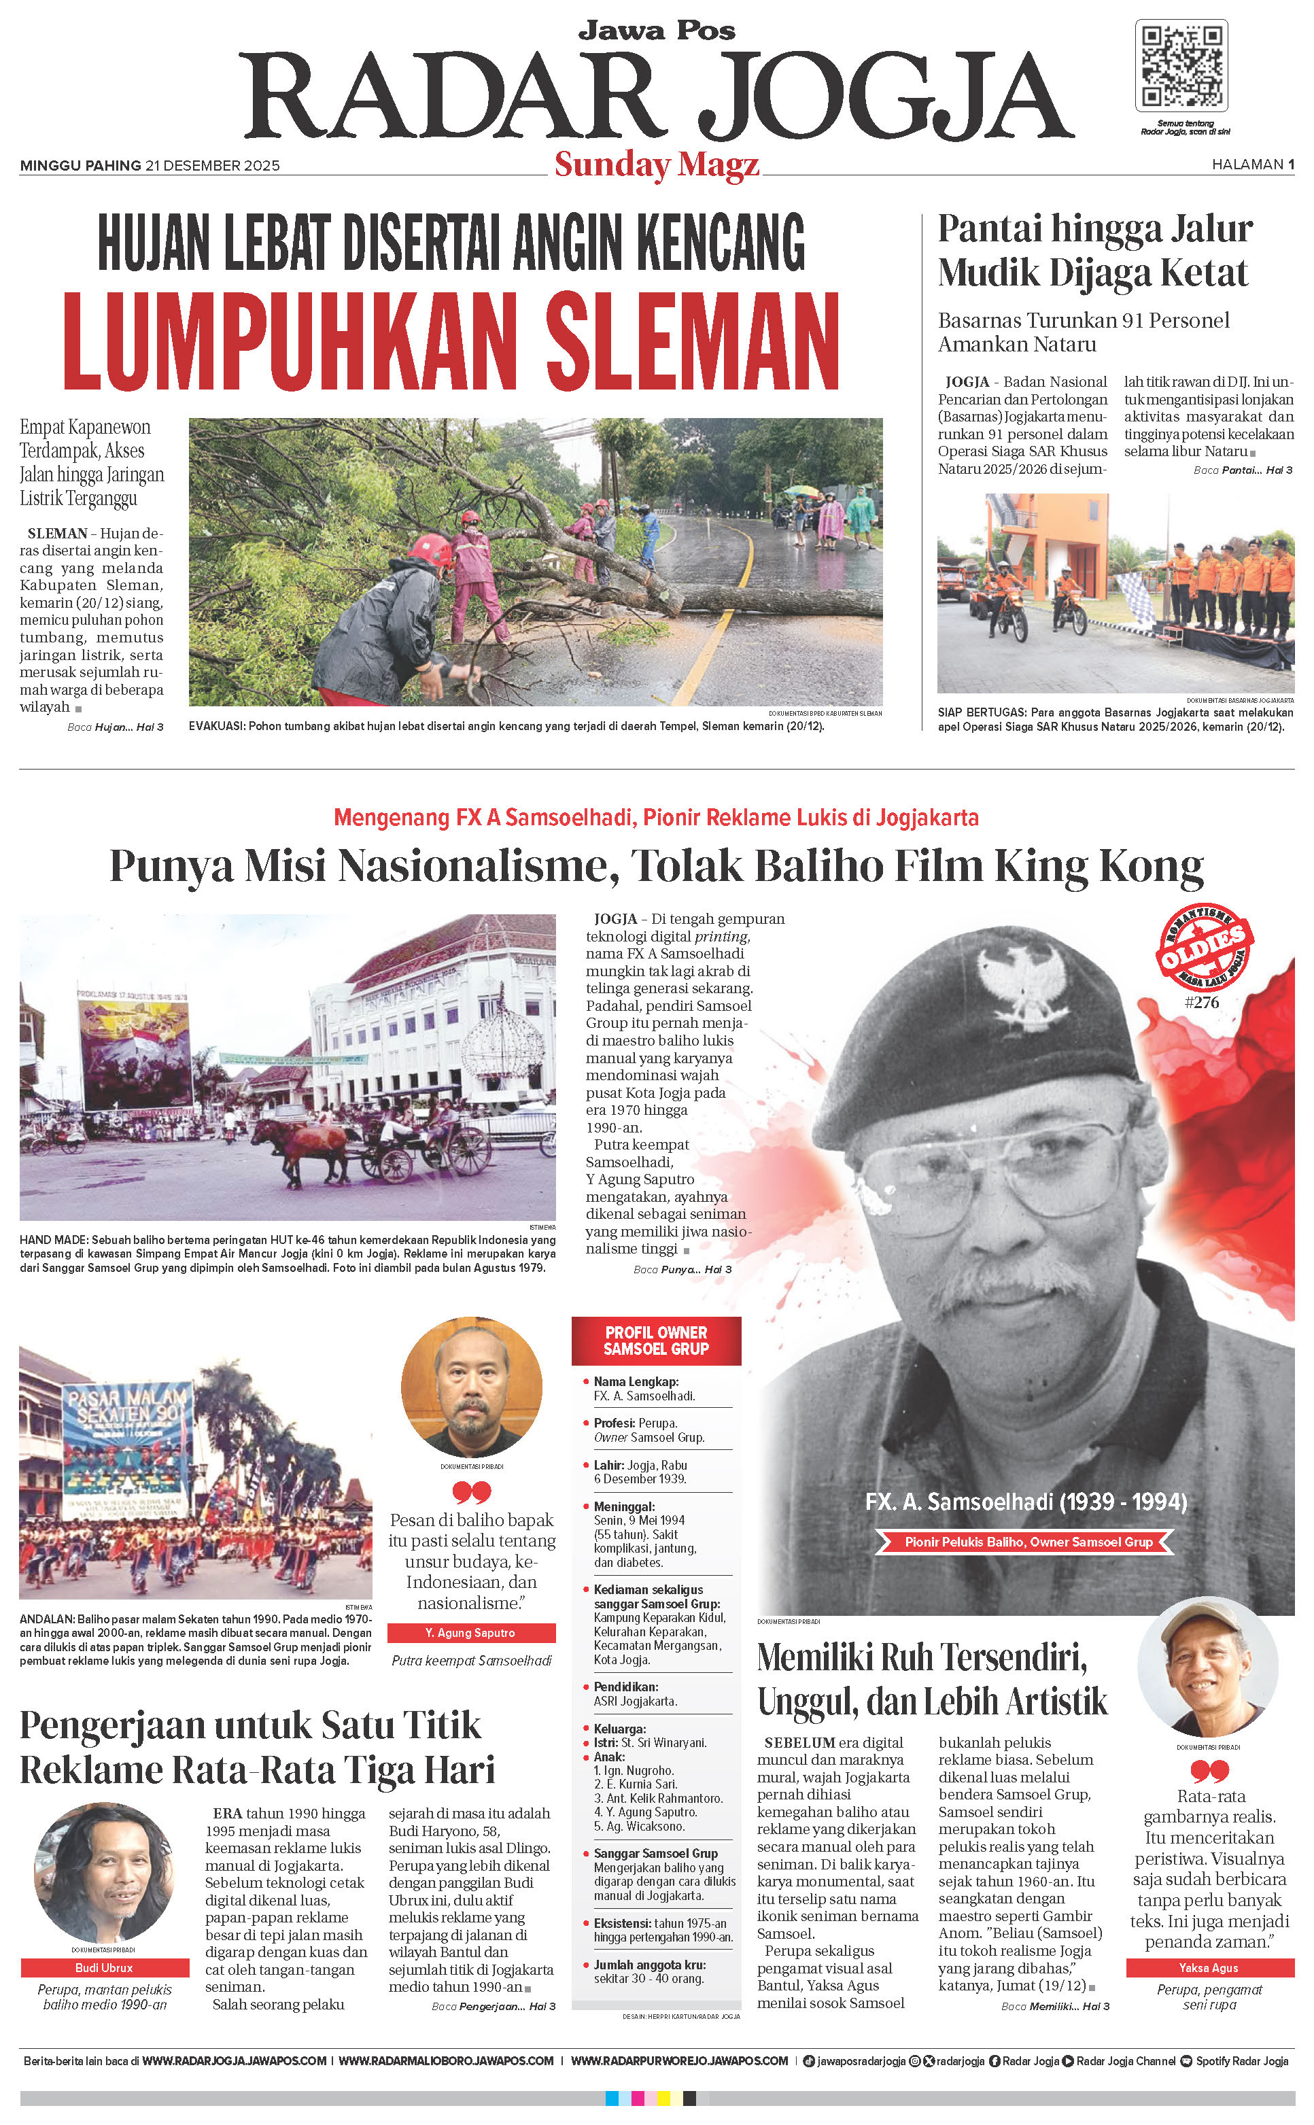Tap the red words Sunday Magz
click(x=656, y=165)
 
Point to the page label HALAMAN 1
click(x=1252, y=165)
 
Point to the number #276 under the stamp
click(x=1201, y=1002)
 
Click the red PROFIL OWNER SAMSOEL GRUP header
click(x=656, y=1340)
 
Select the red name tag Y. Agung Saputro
click(x=470, y=1633)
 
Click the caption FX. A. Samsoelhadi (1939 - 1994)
click(x=1026, y=1502)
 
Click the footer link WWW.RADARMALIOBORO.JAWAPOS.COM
click(x=446, y=2060)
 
